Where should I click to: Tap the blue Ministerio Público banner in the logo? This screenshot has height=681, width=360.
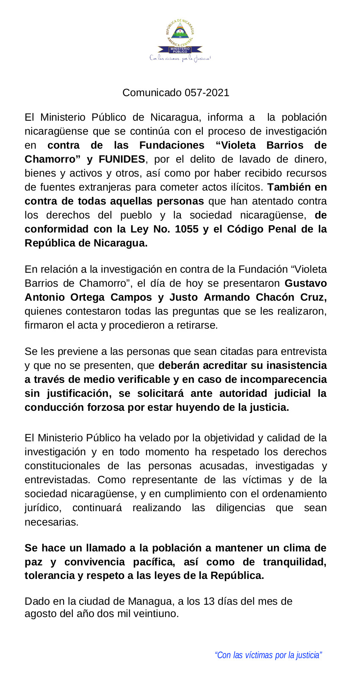[x=180, y=50]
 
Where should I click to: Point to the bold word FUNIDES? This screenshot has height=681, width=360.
[x=122, y=159]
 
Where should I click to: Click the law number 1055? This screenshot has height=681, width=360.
[x=187, y=229]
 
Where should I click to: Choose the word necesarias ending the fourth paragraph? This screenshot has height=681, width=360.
[x=51, y=522]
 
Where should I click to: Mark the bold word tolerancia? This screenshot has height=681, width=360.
[x=48, y=576]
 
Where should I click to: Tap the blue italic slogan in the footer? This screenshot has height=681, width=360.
[x=269, y=655]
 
